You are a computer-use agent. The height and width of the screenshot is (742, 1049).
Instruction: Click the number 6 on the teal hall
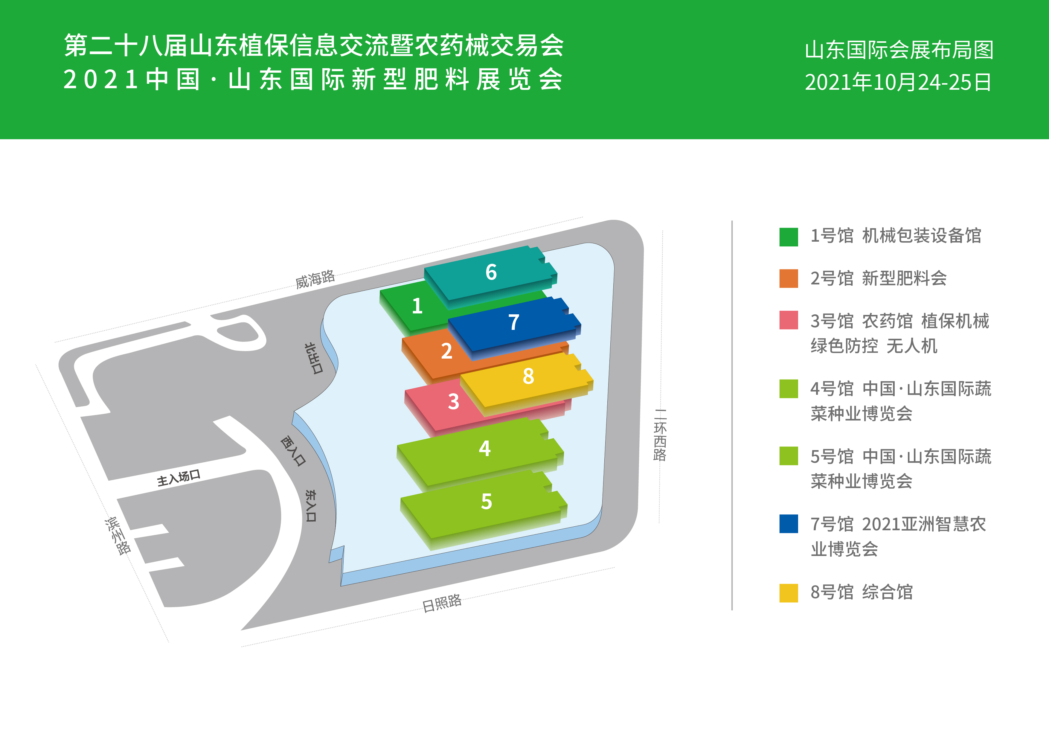pyautogui.click(x=491, y=272)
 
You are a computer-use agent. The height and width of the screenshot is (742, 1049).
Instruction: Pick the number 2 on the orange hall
pyautogui.click(x=446, y=351)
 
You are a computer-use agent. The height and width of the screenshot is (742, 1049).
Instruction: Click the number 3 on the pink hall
pyautogui.click(x=453, y=402)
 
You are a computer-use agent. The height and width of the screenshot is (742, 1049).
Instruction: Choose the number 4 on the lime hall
pyautogui.click(x=485, y=448)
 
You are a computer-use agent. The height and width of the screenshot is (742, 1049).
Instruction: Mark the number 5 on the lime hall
pyautogui.click(x=487, y=501)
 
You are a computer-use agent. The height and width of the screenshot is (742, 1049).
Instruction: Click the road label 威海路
pyautogui.click(x=315, y=279)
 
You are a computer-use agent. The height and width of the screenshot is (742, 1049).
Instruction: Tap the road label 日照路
pyautogui.click(x=441, y=603)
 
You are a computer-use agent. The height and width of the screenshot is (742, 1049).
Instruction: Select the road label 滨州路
pyautogui.click(x=118, y=535)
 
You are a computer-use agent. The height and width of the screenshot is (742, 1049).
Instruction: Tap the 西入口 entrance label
pyautogui.click(x=293, y=450)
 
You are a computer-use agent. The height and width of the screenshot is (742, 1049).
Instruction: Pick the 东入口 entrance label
pyautogui.click(x=311, y=505)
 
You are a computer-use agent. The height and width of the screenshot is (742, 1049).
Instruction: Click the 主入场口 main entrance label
pyautogui.click(x=179, y=478)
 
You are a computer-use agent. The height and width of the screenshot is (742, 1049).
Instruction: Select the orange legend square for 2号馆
pyautogui.click(x=789, y=278)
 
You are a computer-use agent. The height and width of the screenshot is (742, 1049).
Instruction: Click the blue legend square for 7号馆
pyautogui.click(x=789, y=524)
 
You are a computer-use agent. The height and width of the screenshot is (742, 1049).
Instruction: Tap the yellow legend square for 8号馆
pyautogui.click(x=789, y=592)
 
